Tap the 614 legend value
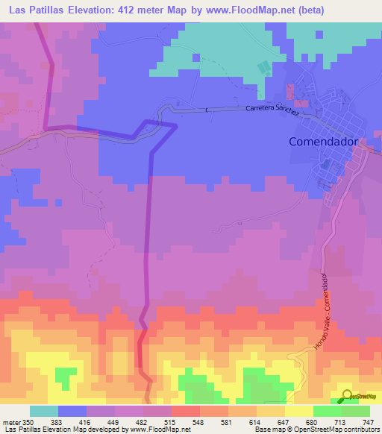click(242, 421)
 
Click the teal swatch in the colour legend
click(44, 411)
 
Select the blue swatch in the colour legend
click(72, 411)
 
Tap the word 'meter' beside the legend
click(10, 421)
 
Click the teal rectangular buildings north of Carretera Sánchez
click(263, 68)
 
